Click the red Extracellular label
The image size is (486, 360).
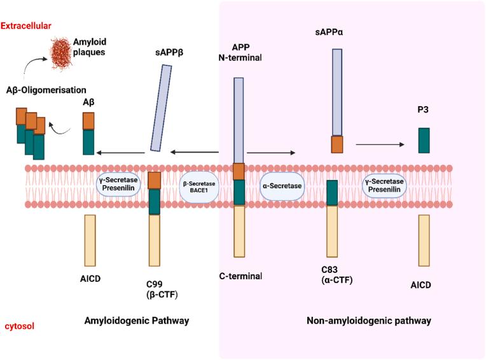pos(26,25)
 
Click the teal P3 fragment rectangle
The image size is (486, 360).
pos(423,141)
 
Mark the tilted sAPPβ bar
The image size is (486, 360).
pos(159,109)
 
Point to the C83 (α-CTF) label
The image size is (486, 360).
pos(337,273)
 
